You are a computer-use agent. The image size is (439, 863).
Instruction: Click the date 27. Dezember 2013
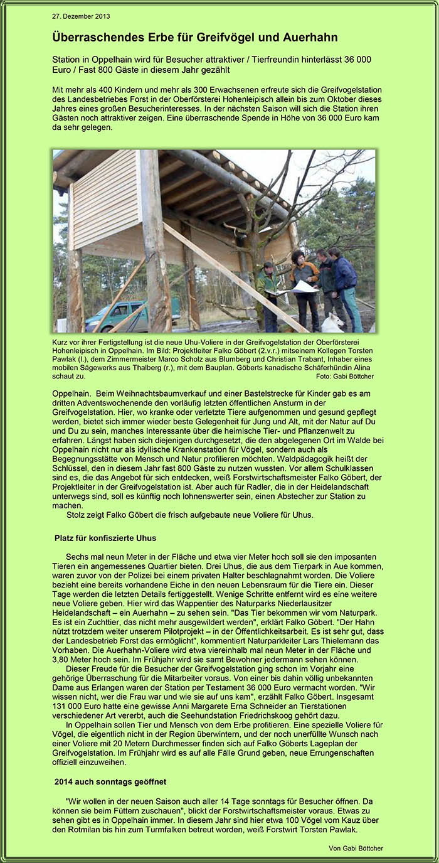(81, 16)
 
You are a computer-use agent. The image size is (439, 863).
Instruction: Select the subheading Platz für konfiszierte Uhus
(105, 538)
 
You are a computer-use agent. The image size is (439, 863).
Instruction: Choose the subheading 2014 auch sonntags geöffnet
(110, 781)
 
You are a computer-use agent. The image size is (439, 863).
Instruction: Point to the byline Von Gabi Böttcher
(356, 848)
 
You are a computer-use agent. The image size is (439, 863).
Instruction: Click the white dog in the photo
(333, 323)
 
